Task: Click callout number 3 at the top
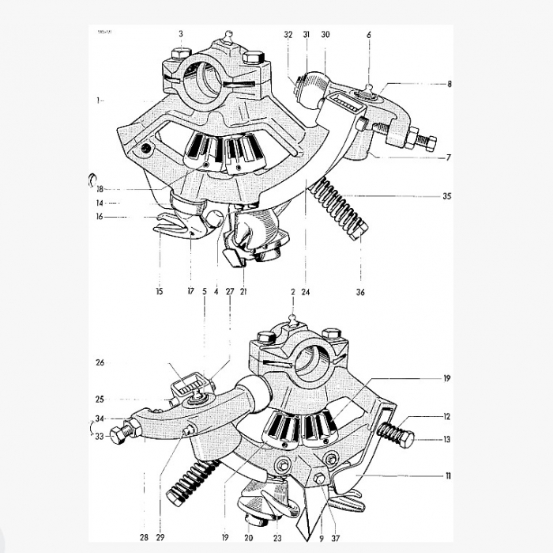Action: coord(181,34)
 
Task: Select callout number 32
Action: coord(288,35)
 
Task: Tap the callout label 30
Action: coord(325,35)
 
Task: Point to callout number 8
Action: coord(449,83)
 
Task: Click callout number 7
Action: coord(448,157)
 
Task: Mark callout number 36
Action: coord(360,292)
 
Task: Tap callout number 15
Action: coord(160,292)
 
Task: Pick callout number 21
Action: coord(243,292)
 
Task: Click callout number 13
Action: coord(447,440)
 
